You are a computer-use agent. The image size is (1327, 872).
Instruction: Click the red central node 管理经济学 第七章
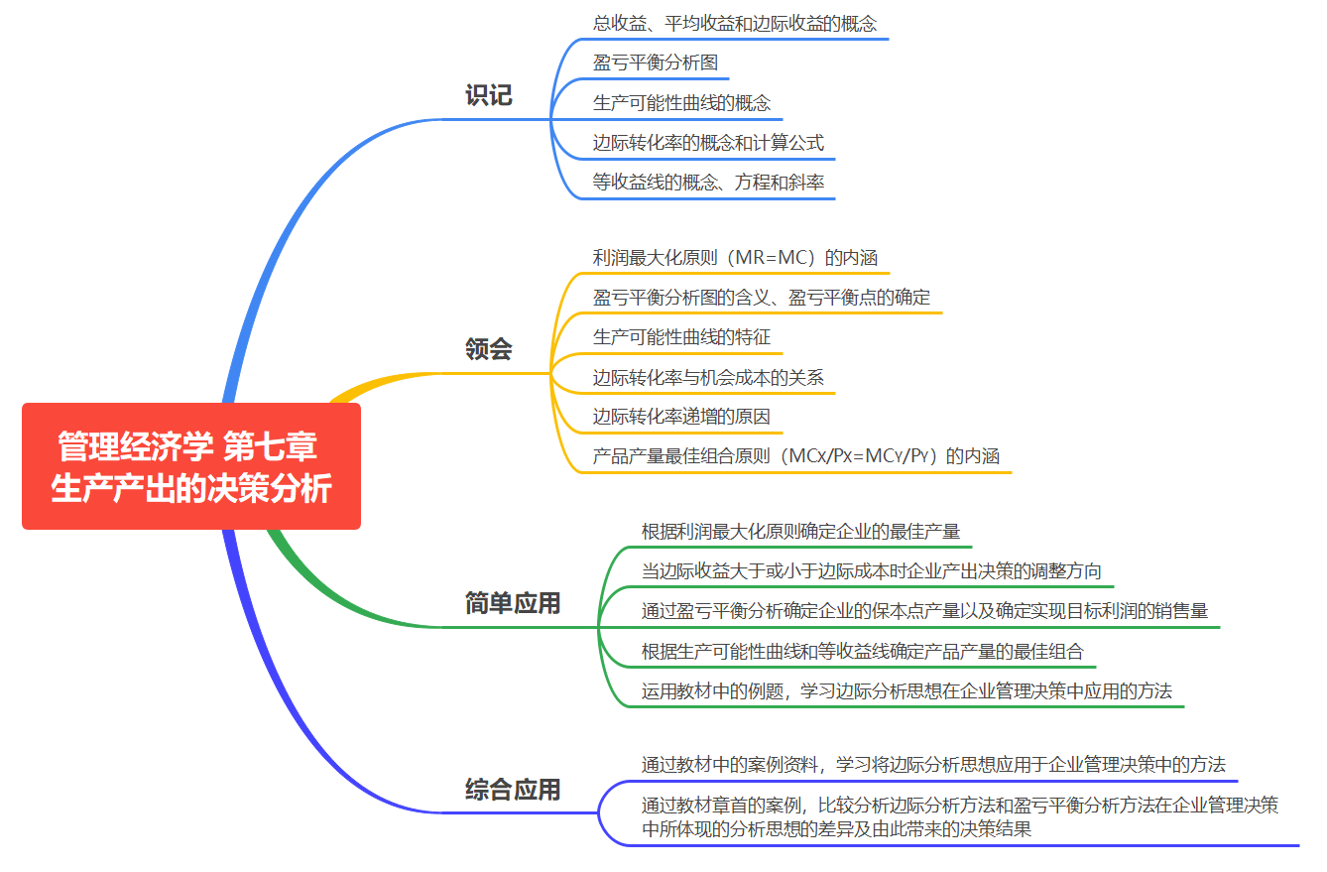click(x=191, y=466)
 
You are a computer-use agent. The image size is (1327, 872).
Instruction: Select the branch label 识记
click(x=489, y=96)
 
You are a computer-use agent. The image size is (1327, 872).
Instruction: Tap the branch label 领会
click(x=489, y=349)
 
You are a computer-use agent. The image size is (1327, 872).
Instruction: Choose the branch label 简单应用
click(x=513, y=603)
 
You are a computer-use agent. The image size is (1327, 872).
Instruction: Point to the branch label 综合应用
click(x=513, y=790)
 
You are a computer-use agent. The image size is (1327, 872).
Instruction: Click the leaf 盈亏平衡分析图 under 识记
click(x=656, y=63)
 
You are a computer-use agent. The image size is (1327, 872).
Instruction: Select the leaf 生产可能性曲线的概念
click(x=681, y=103)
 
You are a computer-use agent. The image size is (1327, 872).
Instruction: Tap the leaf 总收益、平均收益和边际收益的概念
click(x=735, y=24)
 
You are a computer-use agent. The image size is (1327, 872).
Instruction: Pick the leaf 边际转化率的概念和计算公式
click(x=708, y=143)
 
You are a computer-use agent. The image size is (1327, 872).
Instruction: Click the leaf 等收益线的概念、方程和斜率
click(x=708, y=183)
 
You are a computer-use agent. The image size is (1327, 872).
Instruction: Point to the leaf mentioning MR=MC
click(x=735, y=258)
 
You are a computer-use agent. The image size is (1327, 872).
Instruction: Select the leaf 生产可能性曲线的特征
click(x=681, y=337)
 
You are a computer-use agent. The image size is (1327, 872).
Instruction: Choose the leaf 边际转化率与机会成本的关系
click(x=708, y=377)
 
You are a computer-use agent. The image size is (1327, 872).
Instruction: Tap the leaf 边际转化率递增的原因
click(x=681, y=417)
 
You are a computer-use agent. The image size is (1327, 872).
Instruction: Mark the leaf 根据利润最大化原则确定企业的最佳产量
click(x=800, y=532)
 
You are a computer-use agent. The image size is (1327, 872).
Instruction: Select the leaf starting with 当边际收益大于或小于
click(x=871, y=571)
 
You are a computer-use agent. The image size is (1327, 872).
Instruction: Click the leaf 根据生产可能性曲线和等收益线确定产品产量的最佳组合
click(x=863, y=652)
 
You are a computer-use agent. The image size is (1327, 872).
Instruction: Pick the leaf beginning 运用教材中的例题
click(x=906, y=691)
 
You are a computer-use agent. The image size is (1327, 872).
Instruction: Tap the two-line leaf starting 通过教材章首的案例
click(x=959, y=817)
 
